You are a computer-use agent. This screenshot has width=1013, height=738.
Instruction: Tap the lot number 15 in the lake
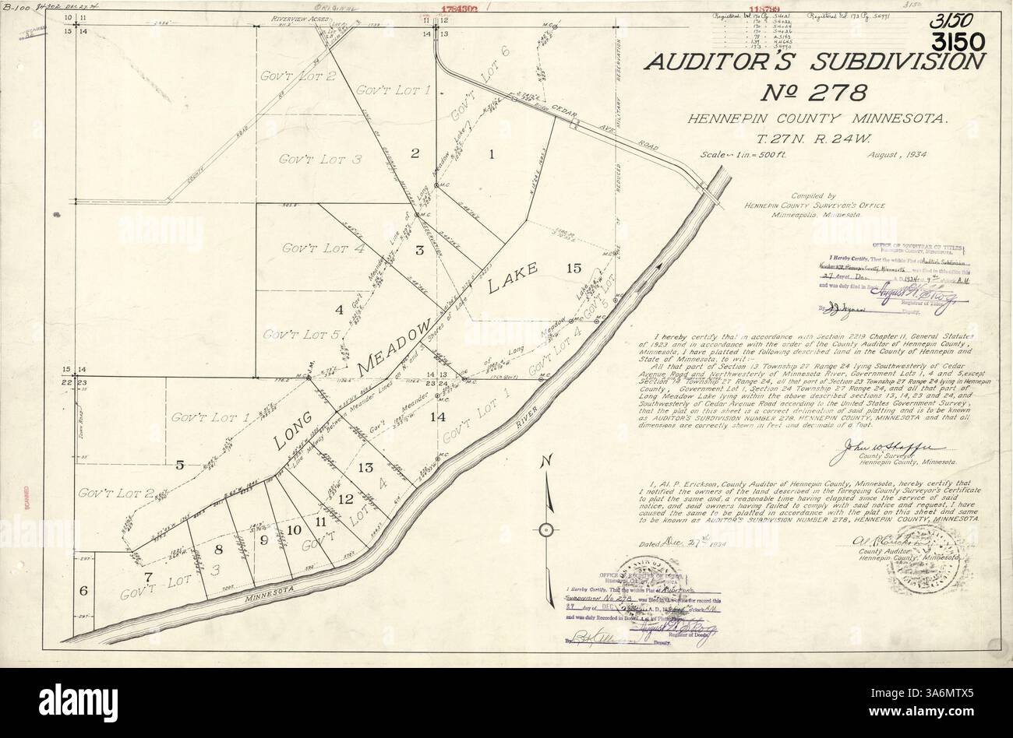pyautogui.click(x=574, y=269)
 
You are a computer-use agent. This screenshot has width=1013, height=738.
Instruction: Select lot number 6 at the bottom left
pyautogui.click(x=83, y=590)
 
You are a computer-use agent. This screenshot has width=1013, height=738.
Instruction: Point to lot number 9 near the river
pyautogui.click(x=263, y=539)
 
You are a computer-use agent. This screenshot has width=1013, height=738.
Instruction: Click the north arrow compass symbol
pyautogui.click(x=545, y=529)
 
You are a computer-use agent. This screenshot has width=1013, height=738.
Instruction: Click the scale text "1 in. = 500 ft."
pyautogui.click(x=752, y=156)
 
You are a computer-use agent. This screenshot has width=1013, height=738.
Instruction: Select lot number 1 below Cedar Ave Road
pyautogui.click(x=492, y=154)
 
